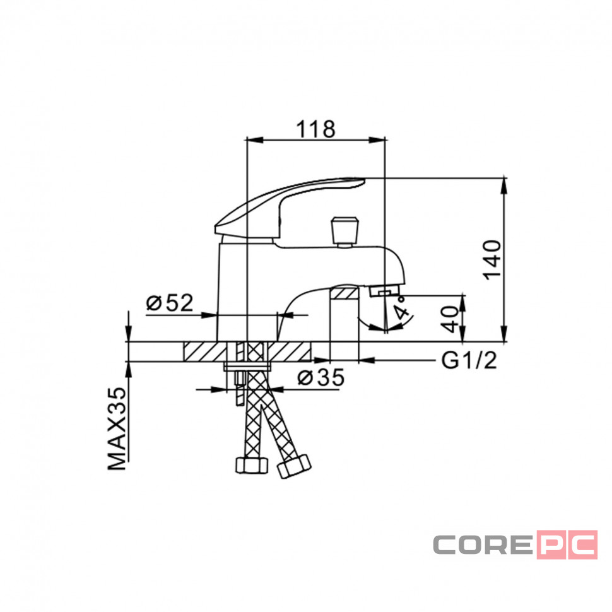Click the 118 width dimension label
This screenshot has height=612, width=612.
click(315, 129)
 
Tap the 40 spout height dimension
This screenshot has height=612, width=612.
click(451, 319)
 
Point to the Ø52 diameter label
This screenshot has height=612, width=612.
click(170, 302)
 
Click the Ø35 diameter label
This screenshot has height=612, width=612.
click(321, 377)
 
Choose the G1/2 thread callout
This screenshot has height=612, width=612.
click(469, 360)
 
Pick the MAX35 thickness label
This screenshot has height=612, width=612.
click(117, 428)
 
